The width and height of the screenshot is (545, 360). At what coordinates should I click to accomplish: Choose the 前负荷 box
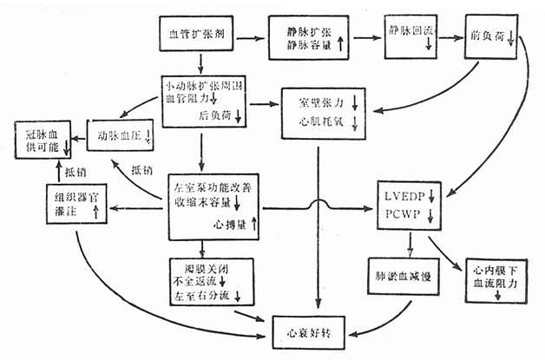tap(490, 38)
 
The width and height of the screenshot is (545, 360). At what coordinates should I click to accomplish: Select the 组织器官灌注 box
tap(76, 206)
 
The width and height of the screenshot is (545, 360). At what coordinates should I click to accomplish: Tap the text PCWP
tap(401, 212)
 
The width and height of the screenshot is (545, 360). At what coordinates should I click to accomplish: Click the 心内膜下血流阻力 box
tap(490, 279)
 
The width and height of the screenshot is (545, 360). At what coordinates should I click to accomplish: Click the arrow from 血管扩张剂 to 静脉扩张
tap(250, 38)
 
